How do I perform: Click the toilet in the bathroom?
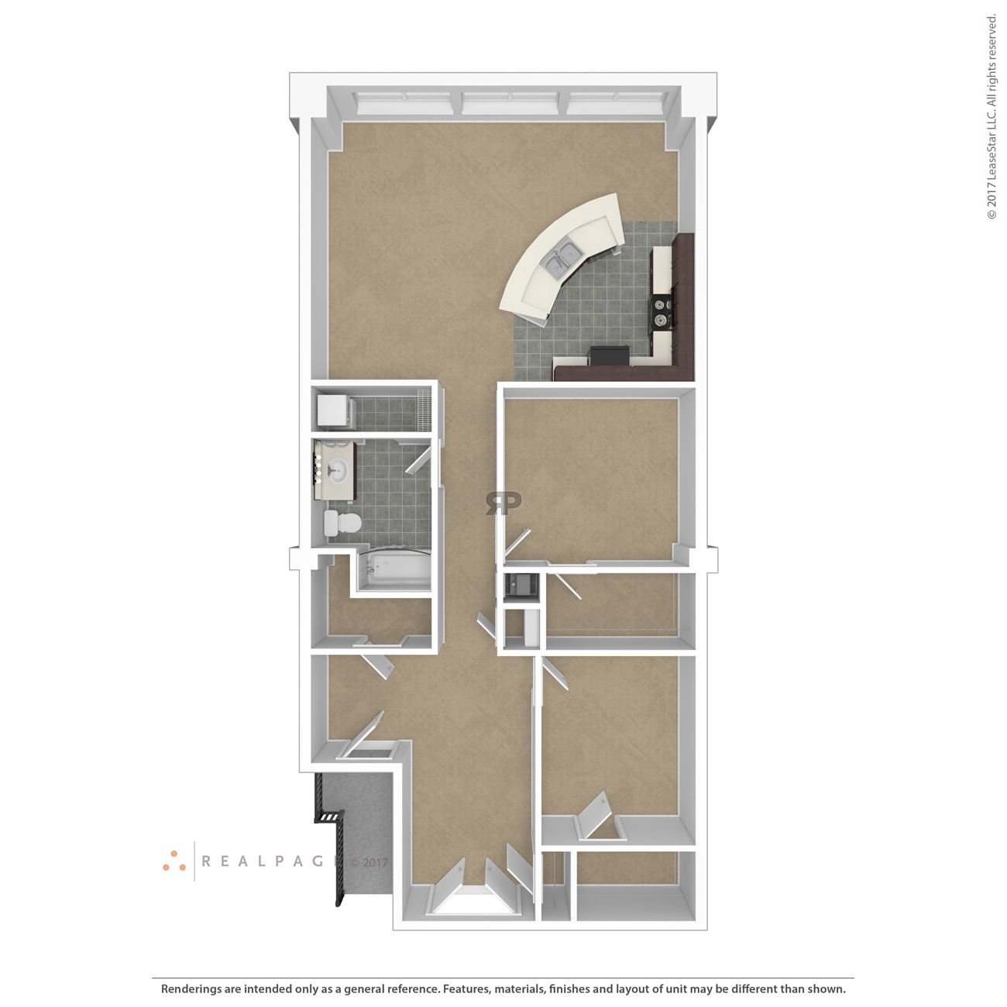(342, 523)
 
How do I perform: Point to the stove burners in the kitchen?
(660, 312)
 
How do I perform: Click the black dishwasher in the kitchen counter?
(609, 355)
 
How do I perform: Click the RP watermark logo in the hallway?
(503, 503)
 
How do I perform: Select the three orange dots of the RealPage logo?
(174, 861)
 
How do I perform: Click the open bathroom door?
(418, 460)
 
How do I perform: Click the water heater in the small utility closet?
(521, 586)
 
